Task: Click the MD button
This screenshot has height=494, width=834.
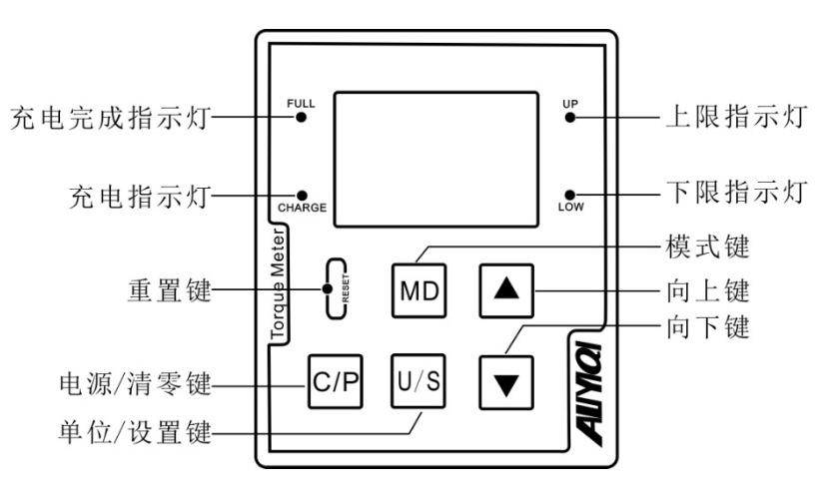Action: [x=418, y=289]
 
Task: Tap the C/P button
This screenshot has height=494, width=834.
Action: [x=334, y=383]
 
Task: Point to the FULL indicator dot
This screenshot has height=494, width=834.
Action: [x=300, y=117]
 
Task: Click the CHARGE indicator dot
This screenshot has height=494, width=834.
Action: [x=301, y=195]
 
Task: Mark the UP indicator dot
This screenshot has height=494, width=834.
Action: [x=569, y=117]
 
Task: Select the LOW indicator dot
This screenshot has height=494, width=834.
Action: [x=569, y=194]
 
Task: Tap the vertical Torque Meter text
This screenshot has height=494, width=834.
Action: [x=282, y=289]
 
